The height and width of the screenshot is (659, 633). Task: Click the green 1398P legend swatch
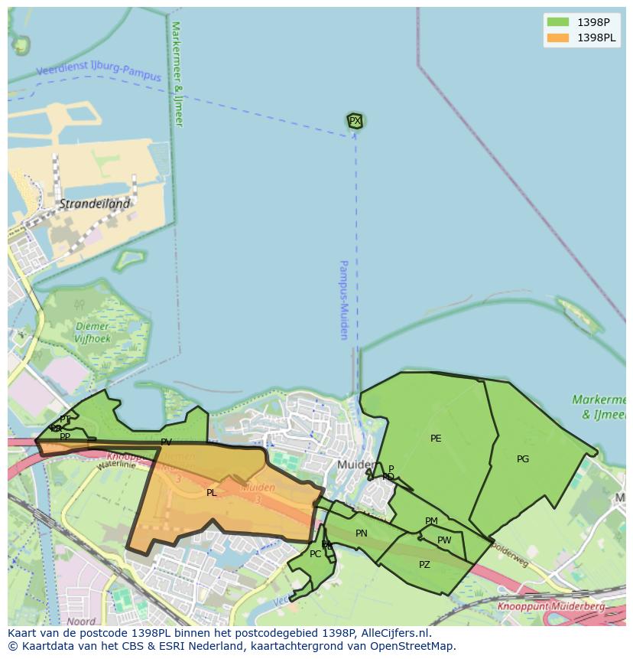558,21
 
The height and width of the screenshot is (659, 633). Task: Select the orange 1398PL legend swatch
558,38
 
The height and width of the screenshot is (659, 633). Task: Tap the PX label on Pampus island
355,121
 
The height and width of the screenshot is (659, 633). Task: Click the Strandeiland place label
95,204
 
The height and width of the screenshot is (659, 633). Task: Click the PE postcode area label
436,439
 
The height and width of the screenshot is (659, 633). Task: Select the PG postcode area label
523,459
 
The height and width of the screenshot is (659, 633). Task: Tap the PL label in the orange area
212,493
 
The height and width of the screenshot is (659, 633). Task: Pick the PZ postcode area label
424,565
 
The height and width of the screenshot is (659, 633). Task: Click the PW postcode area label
444,540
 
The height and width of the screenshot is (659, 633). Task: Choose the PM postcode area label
431,521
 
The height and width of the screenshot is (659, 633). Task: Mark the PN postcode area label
362,533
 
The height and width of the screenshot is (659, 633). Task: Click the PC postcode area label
315,554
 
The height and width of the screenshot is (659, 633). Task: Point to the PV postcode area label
166,442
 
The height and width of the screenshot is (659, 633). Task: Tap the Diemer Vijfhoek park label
93,332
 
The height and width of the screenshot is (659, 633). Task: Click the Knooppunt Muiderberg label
550,606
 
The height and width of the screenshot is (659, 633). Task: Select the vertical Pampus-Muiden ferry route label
344,299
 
